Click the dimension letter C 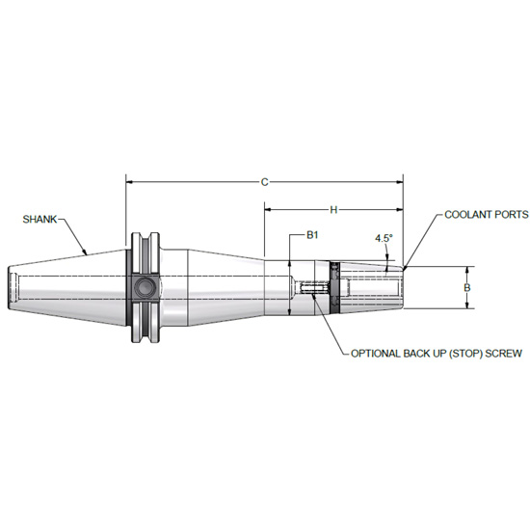(264, 179)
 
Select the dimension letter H (333, 208)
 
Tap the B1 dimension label (312, 235)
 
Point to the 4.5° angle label (384, 237)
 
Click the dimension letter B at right (467, 287)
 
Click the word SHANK (39, 220)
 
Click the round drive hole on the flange (146, 286)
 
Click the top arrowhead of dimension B (468, 270)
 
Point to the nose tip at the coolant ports (403, 287)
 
